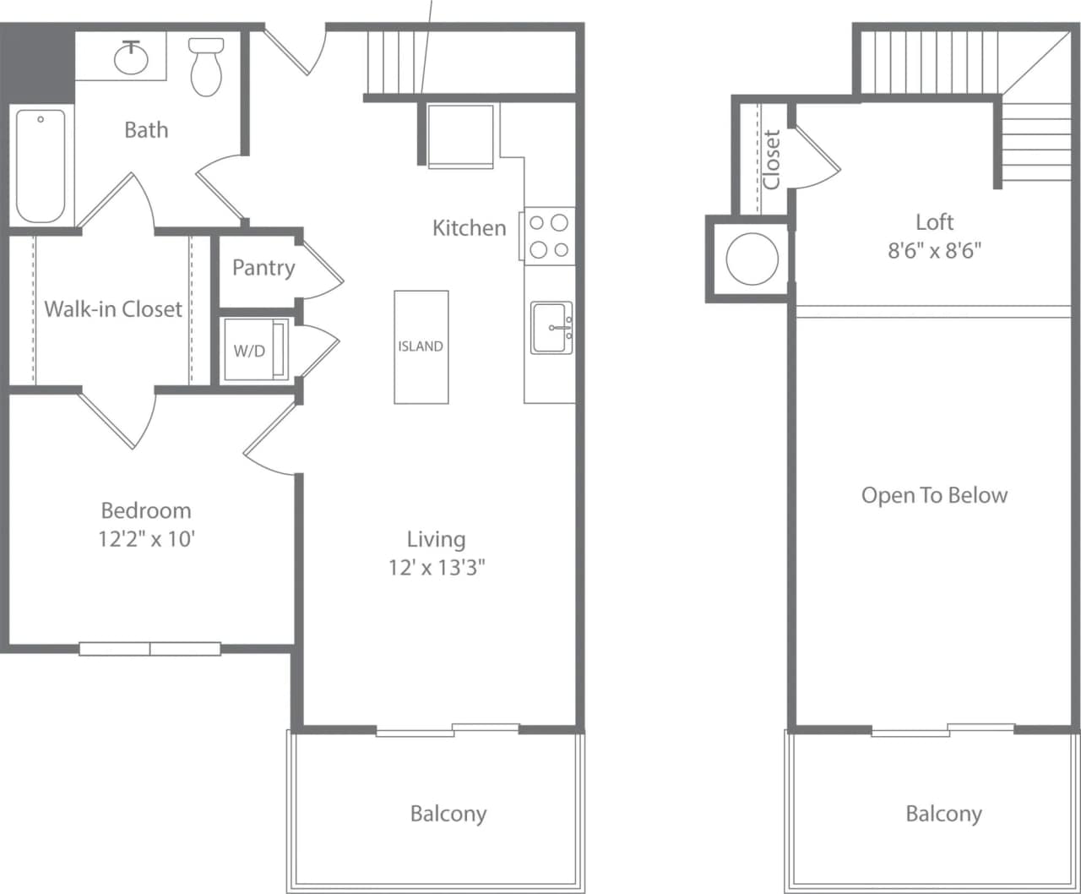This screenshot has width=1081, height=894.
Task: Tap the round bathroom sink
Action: pos(131,57)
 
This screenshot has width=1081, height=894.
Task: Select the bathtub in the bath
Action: pos(41,166)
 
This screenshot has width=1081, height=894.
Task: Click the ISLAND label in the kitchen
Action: pos(421,346)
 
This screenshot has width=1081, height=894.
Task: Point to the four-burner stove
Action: pos(549,237)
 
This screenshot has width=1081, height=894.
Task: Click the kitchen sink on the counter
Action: pos(551,327)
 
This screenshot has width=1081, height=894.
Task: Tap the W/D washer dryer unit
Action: pos(250,351)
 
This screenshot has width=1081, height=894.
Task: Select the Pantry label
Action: pos(263,268)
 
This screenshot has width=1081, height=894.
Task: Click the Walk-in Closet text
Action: pos(113,308)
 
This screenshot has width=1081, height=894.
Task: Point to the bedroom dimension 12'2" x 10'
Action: pos(147,538)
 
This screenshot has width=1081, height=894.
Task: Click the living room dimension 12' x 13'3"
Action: pos(437,567)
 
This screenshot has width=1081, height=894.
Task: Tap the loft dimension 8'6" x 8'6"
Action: pos(934,251)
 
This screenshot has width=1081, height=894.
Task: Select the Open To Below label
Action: pos(934,495)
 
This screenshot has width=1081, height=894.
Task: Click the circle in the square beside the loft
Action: pos(752,259)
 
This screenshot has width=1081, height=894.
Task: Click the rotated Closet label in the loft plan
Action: pos(771,159)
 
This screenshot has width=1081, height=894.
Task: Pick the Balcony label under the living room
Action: pos(448,814)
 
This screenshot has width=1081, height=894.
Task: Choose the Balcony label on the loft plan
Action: pos(943,814)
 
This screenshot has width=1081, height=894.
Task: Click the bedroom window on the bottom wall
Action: pos(150,649)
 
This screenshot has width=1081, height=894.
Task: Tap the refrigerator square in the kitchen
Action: pos(460,135)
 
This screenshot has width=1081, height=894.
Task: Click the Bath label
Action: pos(146,130)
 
